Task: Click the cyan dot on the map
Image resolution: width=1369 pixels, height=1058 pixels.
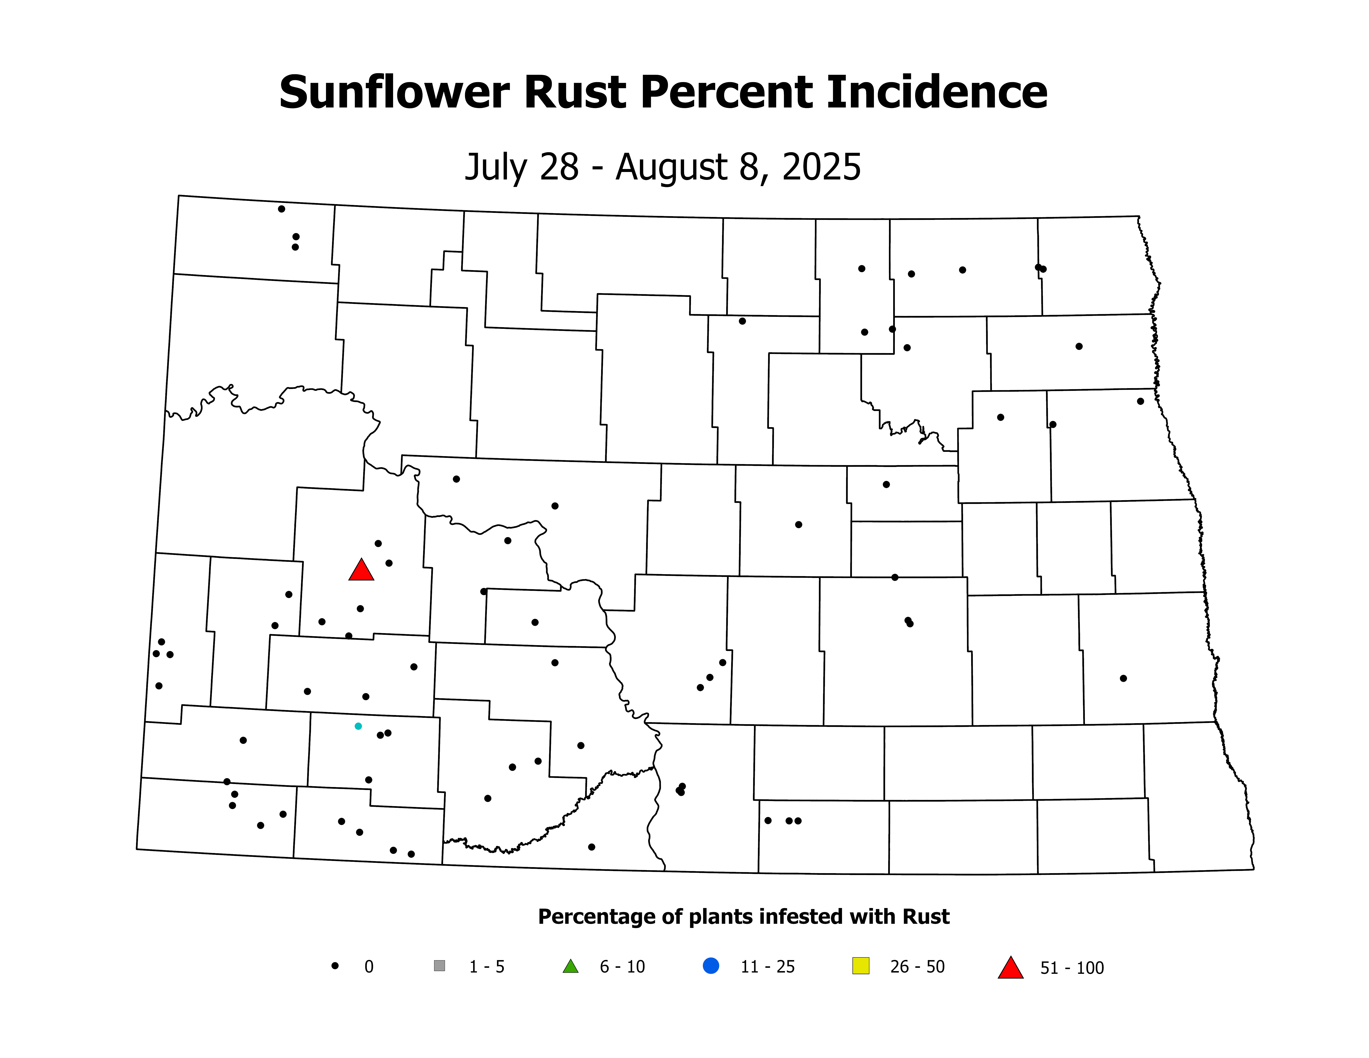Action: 358,726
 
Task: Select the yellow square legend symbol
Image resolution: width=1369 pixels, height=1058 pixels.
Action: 861,966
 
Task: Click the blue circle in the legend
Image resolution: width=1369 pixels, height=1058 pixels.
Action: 711,966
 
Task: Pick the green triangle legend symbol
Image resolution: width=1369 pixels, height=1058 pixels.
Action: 570,967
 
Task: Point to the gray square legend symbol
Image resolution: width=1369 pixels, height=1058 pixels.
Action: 439,966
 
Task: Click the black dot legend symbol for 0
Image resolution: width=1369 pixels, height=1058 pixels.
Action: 335,966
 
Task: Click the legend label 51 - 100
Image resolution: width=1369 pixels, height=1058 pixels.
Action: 1072,968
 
